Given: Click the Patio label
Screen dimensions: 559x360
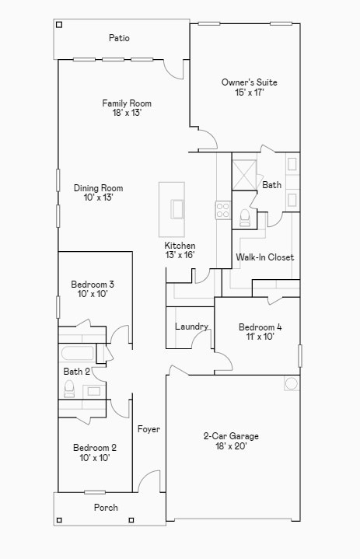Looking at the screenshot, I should pyautogui.click(x=119, y=38).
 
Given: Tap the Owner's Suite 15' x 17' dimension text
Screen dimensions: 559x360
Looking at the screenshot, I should pyautogui.click(x=249, y=93).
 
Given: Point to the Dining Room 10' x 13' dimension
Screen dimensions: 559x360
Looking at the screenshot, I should pyautogui.click(x=98, y=197).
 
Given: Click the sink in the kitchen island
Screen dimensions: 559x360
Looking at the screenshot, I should pyautogui.click(x=178, y=209).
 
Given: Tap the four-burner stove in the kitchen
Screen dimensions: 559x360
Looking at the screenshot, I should pyautogui.click(x=223, y=209).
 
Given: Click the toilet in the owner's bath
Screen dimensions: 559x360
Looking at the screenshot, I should pyautogui.click(x=245, y=216).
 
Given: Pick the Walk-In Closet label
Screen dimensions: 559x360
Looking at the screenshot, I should pyautogui.click(x=264, y=257).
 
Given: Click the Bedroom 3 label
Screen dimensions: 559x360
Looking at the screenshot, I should pyautogui.click(x=93, y=284).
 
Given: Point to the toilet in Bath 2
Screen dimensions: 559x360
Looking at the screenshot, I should pyautogui.click(x=68, y=389).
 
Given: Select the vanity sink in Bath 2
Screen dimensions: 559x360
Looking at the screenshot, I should pyautogui.click(x=94, y=390).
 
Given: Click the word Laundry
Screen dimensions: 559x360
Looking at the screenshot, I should pyautogui.click(x=191, y=327).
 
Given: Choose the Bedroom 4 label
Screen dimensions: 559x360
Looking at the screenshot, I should pyautogui.click(x=260, y=327).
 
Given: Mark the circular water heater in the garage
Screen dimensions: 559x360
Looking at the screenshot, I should pyautogui.click(x=292, y=383).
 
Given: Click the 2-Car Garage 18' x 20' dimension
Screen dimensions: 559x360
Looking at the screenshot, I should pyautogui.click(x=231, y=446).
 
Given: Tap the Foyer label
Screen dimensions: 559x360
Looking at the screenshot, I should pyautogui.click(x=149, y=429).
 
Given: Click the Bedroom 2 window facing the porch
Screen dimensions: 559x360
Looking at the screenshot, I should pyautogui.click(x=95, y=492).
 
